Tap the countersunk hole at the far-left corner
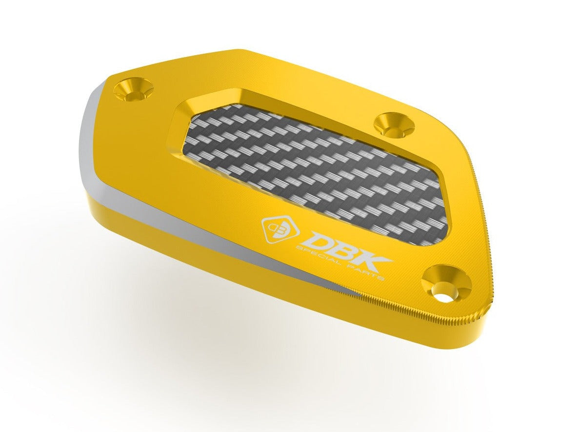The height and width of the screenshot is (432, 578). coord(133,89)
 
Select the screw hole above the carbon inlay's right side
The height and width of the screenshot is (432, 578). coord(394,123)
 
